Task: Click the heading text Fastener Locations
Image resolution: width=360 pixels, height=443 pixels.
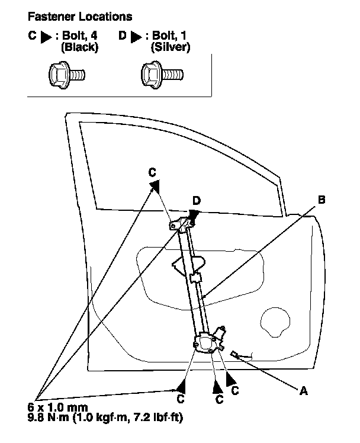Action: coord(76,17)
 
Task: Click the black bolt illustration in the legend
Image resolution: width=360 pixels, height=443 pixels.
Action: coord(66,75)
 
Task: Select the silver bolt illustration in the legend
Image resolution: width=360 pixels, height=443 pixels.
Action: coord(162,75)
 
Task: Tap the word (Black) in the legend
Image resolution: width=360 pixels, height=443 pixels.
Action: coord(79,47)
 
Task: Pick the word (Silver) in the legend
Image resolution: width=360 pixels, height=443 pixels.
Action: coord(170,47)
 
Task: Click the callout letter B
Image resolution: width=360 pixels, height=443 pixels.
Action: coord(322,200)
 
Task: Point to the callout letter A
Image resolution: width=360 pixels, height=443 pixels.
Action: coord(304,390)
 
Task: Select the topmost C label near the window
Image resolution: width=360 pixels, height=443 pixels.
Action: coord(152,172)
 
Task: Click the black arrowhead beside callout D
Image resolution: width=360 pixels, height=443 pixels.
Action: coord(194,216)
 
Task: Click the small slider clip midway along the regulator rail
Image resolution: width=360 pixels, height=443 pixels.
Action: coord(196,277)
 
